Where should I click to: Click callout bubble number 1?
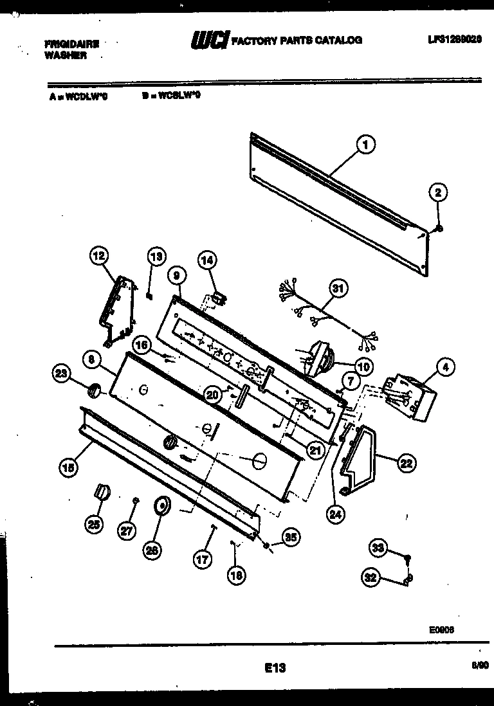point(365,145)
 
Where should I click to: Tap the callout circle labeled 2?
point(438,192)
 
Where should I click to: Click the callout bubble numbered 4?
point(444,367)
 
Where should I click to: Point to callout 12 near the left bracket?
point(98,257)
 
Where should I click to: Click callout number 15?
point(68,469)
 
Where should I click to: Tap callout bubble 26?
point(152,549)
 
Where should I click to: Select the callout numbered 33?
point(379,548)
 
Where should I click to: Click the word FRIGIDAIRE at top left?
point(71,44)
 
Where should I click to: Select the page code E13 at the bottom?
point(275,668)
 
